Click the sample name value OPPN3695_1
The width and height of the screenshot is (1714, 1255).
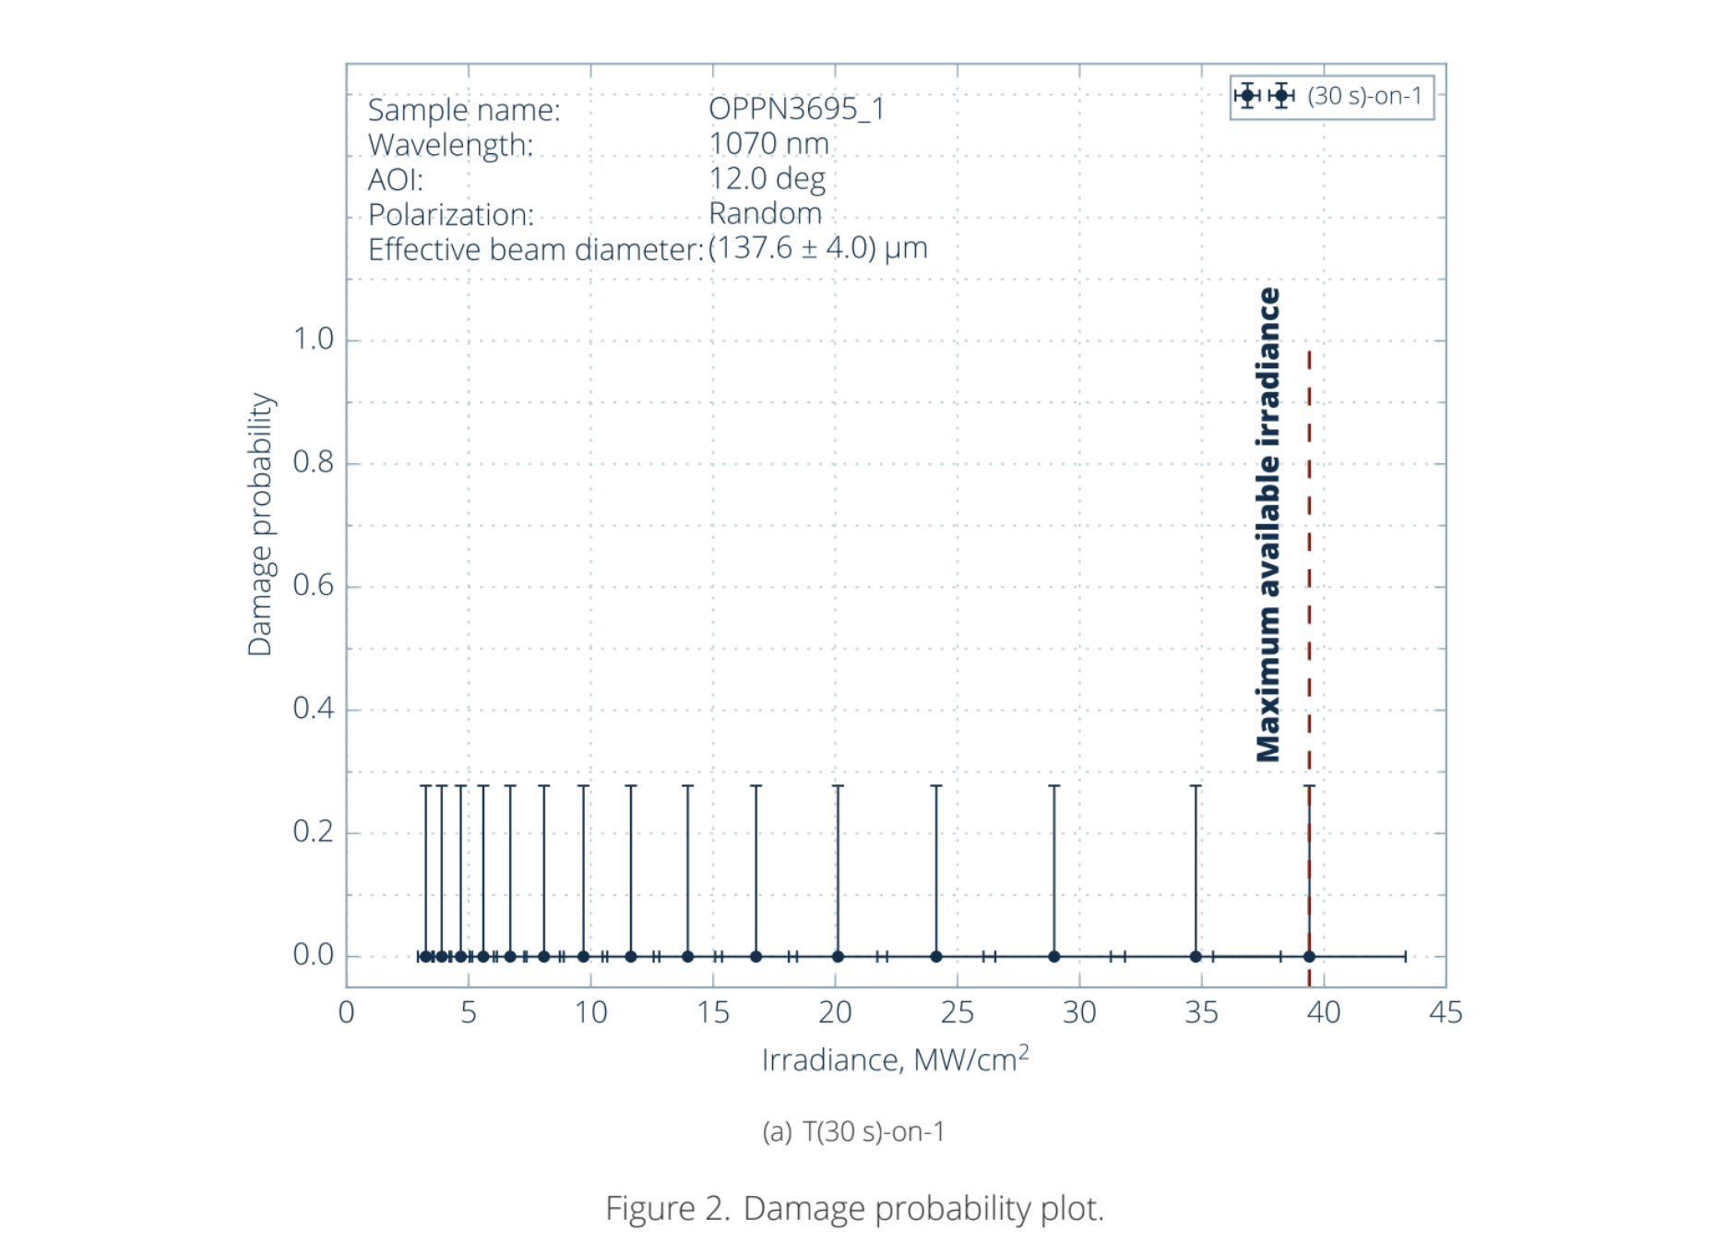[x=796, y=109]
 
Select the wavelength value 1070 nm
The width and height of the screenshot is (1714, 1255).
[x=768, y=144]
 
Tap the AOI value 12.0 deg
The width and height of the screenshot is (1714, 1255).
[x=767, y=179]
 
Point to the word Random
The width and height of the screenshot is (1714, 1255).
[x=765, y=214]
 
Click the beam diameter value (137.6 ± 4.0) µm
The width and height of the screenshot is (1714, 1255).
[x=817, y=248]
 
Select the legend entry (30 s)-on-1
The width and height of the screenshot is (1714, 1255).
[x=1364, y=96]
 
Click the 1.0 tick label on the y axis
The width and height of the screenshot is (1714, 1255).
[x=314, y=340]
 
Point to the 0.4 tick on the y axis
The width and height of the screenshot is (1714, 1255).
[x=314, y=709]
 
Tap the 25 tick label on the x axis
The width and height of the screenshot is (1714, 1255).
[x=957, y=1013]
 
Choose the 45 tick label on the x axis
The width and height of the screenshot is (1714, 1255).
[x=1445, y=1013]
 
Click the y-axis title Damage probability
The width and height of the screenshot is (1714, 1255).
[x=260, y=524]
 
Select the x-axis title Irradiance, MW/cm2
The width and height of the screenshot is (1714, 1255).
[x=895, y=1059]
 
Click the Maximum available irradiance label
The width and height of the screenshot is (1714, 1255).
[x=1268, y=524]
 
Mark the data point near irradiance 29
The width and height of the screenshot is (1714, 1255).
[x=1053, y=956]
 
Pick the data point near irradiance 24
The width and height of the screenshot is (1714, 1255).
[x=936, y=956]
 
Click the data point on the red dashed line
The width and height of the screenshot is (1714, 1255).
[x=1309, y=956]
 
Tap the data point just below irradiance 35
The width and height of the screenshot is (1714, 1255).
[x=1196, y=956]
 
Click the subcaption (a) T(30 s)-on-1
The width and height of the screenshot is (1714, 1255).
[x=853, y=1131]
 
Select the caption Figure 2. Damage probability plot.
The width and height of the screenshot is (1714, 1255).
[x=854, y=1208]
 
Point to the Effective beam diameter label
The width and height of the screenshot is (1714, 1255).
[x=535, y=250]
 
